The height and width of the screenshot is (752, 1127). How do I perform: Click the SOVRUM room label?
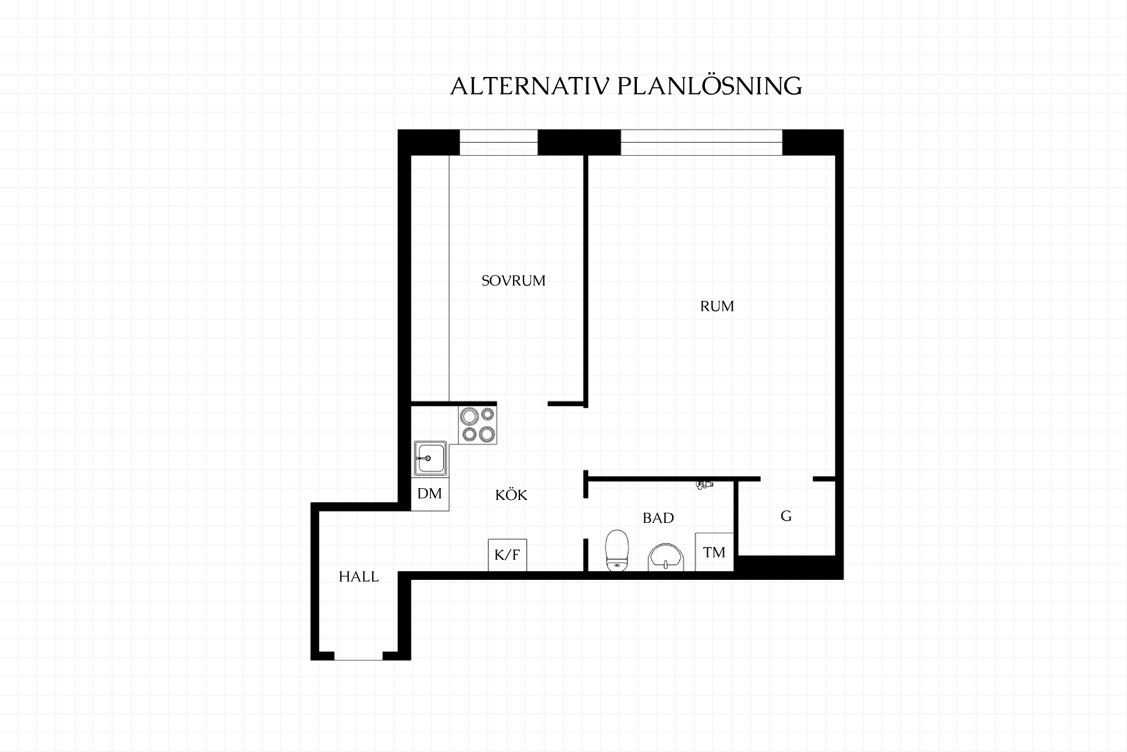514,281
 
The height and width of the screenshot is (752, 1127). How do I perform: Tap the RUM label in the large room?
717,306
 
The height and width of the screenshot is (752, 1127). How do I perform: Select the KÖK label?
511,495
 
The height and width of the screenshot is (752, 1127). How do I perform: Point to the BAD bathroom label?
658,518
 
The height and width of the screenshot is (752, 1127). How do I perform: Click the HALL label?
359,577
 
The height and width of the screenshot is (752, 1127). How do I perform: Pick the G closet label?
786,516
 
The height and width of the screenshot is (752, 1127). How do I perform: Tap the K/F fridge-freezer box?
508,555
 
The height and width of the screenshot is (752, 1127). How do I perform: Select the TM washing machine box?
714,552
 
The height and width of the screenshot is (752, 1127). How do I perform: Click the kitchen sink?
430,458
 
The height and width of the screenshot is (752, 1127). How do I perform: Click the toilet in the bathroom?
616,550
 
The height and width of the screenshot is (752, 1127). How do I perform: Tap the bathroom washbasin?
666,556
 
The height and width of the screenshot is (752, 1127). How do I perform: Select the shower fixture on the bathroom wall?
703,485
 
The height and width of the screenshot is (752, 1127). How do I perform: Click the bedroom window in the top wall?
498,143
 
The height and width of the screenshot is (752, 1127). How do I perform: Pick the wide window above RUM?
701,143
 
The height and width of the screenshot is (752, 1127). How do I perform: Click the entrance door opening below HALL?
358,657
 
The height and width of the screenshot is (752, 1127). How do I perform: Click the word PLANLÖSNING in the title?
710,86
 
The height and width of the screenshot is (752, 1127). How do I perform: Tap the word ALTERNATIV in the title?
530,86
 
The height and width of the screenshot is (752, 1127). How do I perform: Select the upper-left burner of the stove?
468,417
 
